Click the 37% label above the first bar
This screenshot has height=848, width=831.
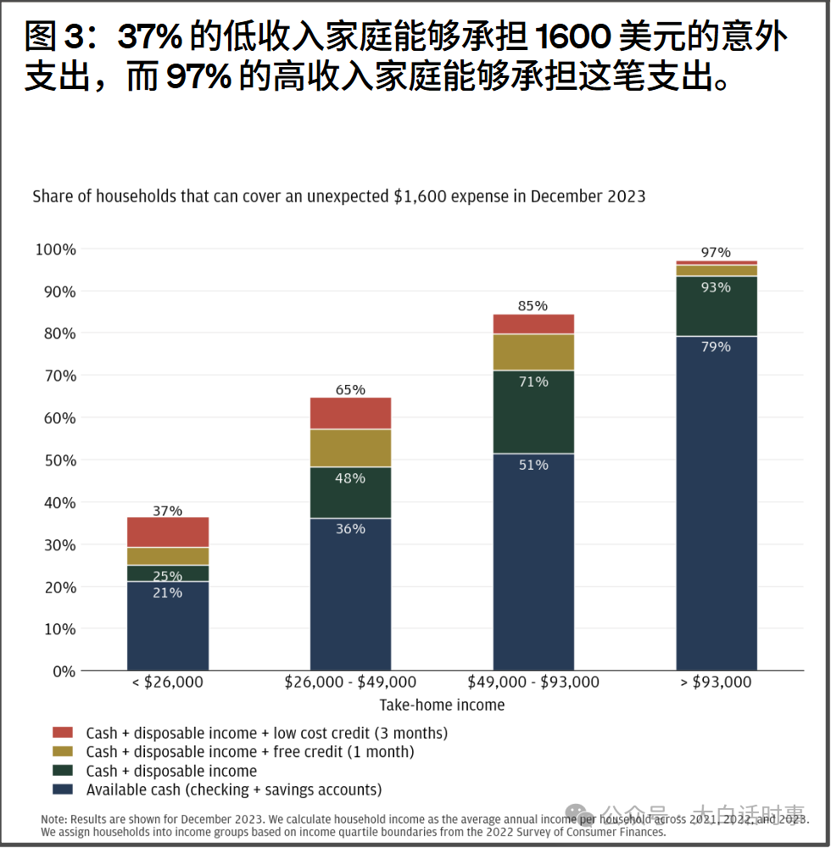pos(168,510)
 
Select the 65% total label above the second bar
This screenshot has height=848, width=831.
pos(350,390)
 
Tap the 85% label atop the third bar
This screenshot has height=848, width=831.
pos(533,306)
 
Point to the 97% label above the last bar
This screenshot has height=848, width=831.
pos(716,253)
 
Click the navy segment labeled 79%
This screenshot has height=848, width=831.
pos(717,509)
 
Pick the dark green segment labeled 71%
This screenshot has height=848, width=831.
pos(533,411)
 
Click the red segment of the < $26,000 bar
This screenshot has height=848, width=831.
pos(168,532)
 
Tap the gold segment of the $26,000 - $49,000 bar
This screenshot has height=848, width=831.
pos(350,448)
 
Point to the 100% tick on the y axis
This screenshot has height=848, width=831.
pos(56,249)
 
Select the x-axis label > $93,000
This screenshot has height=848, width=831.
pos(717,682)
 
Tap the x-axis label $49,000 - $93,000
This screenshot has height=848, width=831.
pos(533,682)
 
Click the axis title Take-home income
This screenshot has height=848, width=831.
pos(442,705)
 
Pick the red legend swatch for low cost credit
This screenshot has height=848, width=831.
pos(63,732)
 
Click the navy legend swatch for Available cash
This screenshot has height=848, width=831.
pos(63,789)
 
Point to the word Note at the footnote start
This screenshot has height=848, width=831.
pos(54,820)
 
